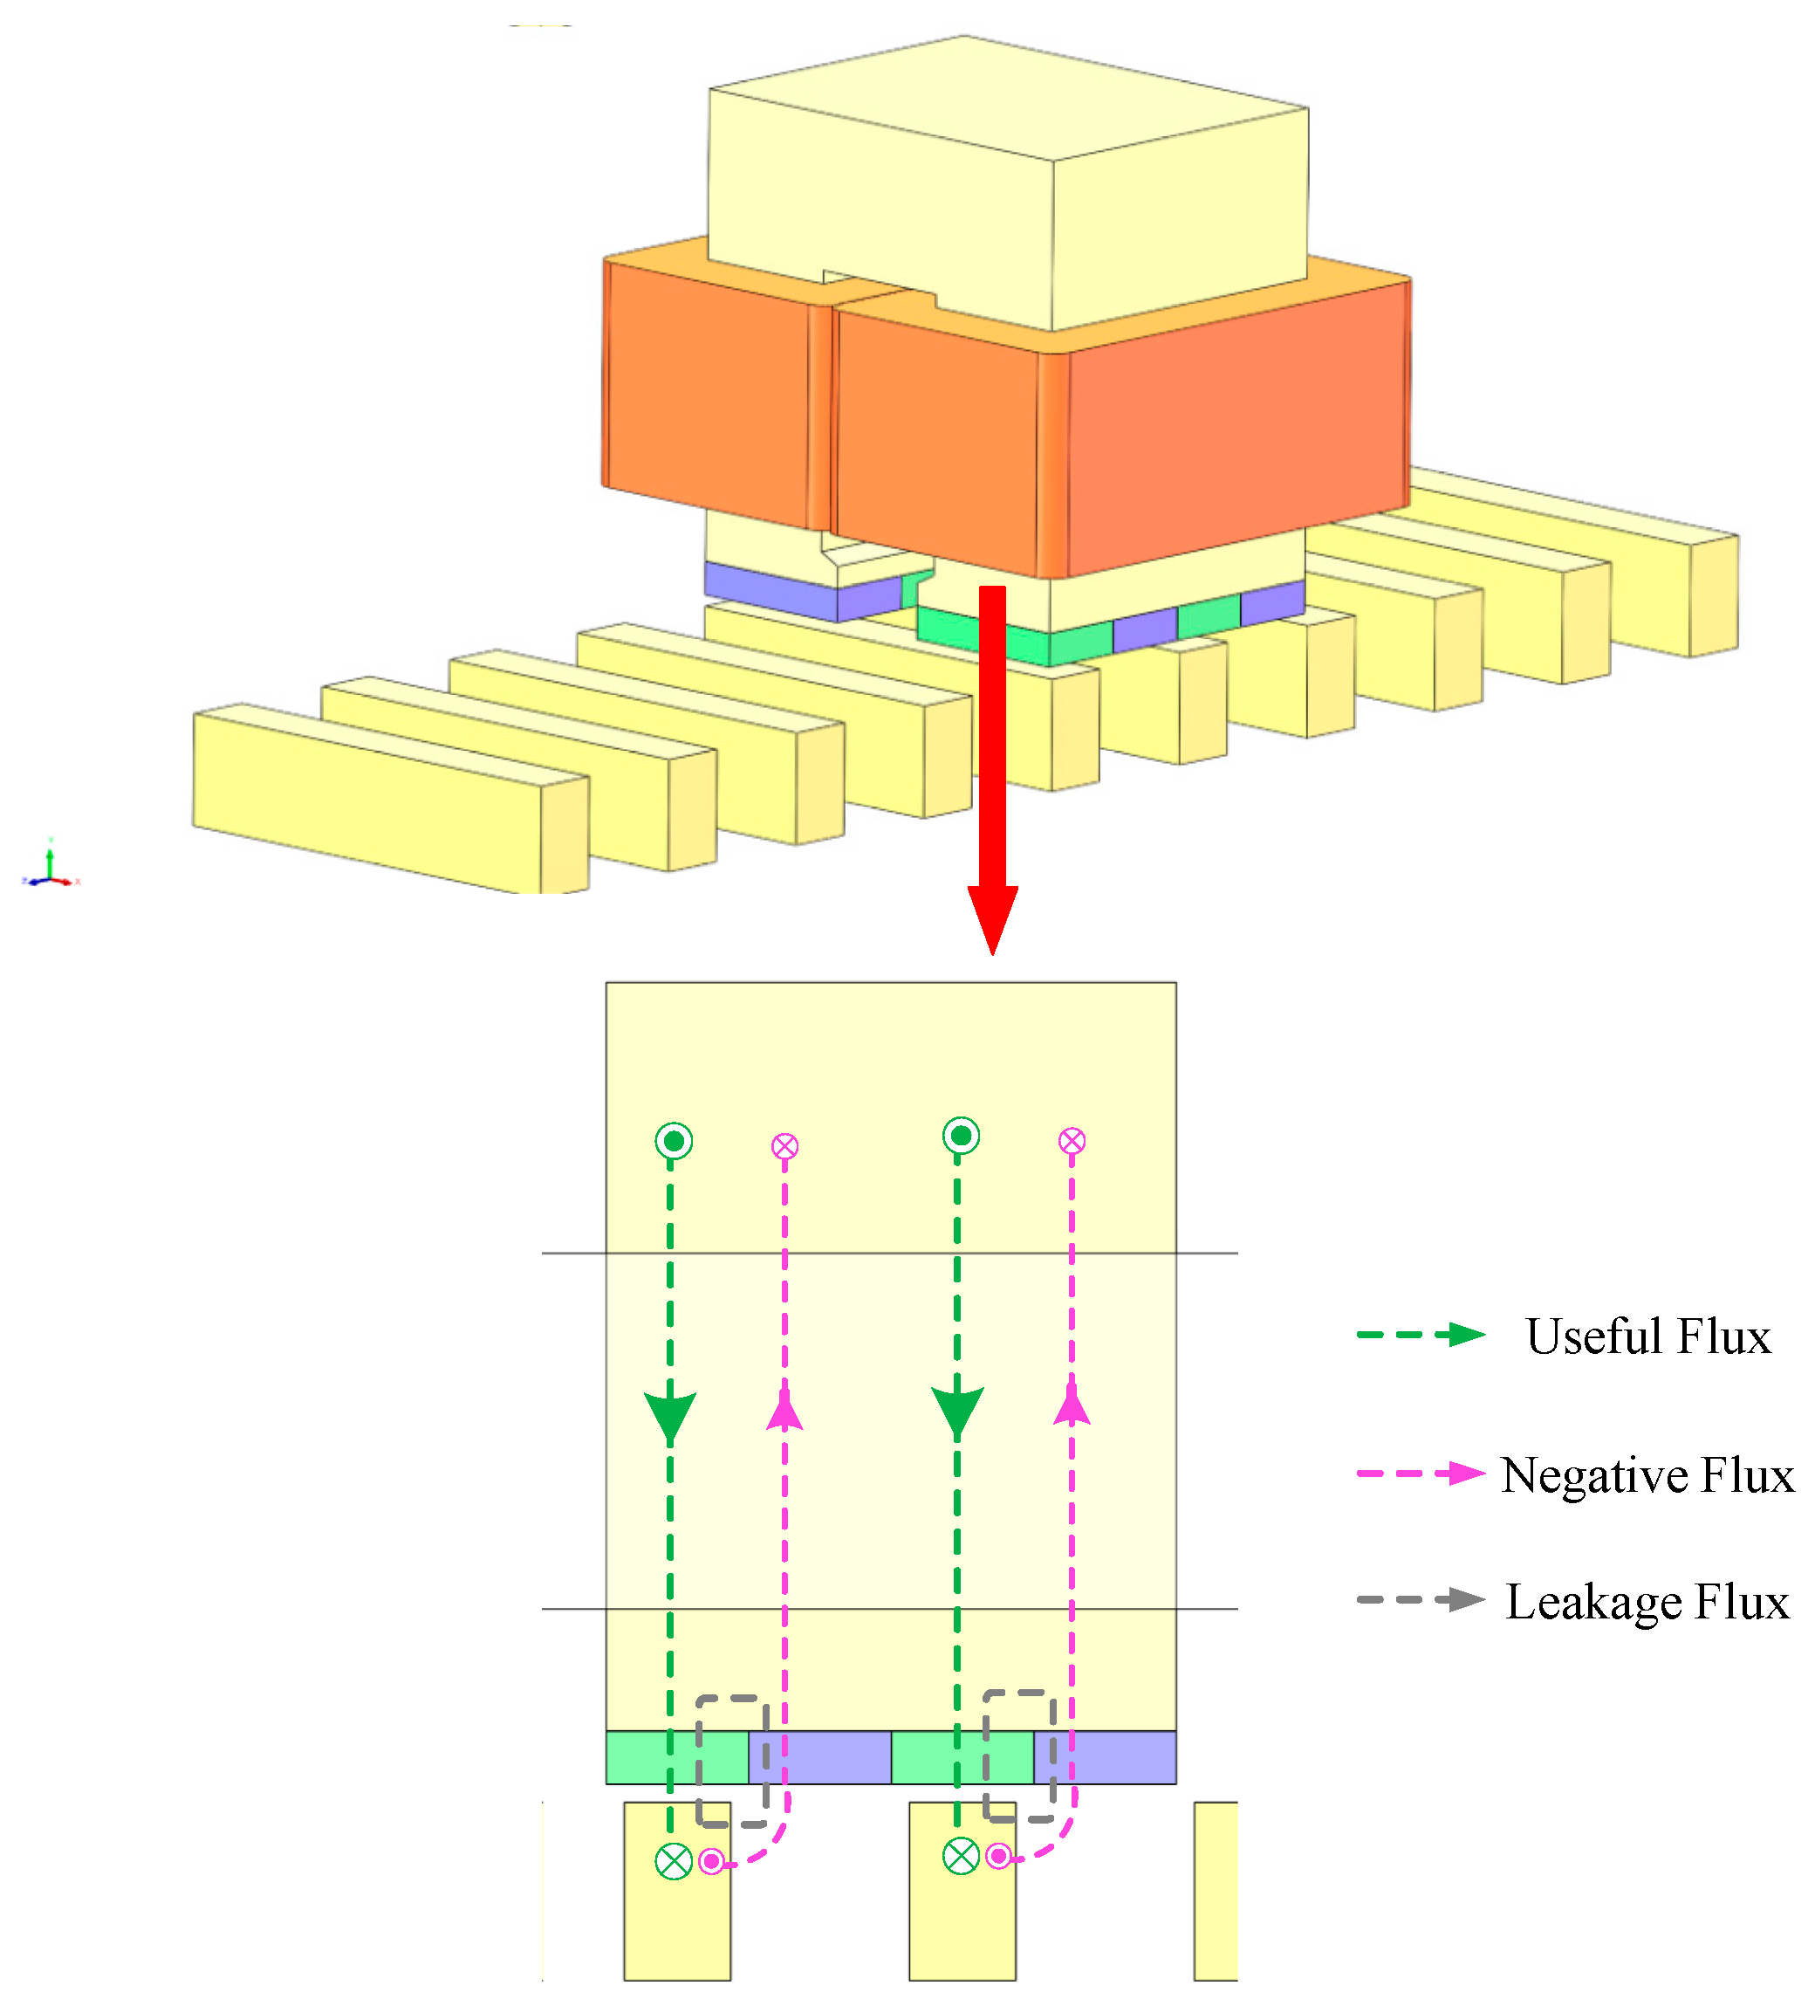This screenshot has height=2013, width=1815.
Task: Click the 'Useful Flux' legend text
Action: pos(1647,1336)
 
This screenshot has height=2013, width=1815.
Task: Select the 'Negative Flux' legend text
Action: pos(1647,1475)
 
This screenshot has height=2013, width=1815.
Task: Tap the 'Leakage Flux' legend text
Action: pos(1647,1602)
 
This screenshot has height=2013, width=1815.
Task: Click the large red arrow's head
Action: pos(992,917)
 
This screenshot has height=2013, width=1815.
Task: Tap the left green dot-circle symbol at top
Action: pos(675,1140)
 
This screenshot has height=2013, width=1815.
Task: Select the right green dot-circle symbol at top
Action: pos(962,1135)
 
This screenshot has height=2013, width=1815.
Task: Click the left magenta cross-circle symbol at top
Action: pos(784,1146)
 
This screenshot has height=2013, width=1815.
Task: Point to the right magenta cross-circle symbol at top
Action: pos(1072,1141)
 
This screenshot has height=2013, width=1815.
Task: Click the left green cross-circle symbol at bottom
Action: pos(675,1861)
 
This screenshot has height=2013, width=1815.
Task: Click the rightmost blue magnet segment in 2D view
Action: pos(1105,1757)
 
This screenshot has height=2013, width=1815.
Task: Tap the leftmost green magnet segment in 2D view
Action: pos(676,1757)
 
